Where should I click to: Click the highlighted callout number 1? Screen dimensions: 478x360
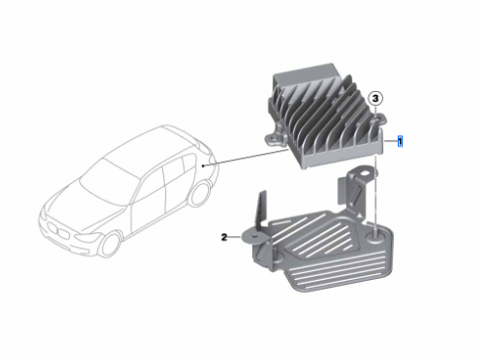(x=400, y=141)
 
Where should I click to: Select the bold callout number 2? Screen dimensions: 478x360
(x=224, y=237)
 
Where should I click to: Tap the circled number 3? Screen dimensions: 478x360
(x=375, y=98)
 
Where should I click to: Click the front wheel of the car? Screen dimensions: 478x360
(x=111, y=244)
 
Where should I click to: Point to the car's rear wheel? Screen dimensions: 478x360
(x=200, y=194)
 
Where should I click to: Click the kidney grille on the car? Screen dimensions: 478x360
(x=57, y=230)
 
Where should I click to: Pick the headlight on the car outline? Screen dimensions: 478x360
(x=86, y=237)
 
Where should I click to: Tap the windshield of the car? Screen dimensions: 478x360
(x=109, y=182)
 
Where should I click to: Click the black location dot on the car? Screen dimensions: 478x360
(x=204, y=166)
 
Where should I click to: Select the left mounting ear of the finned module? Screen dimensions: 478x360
(x=273, y=138)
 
